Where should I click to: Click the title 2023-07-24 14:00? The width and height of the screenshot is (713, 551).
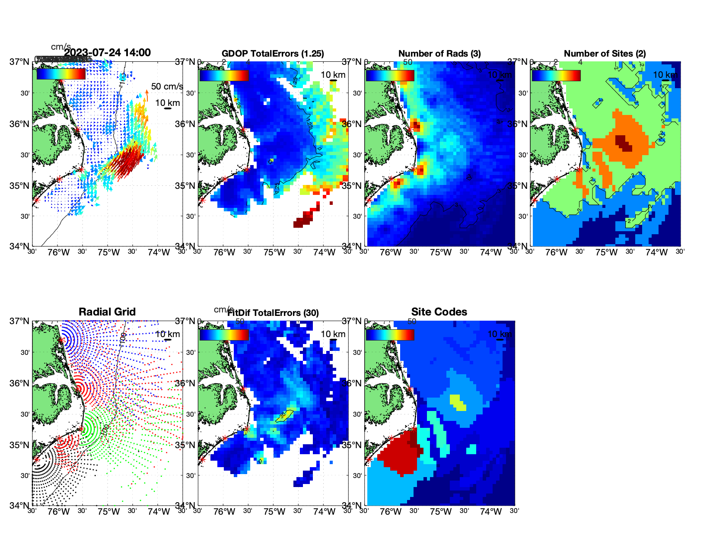click(x=108, y=53)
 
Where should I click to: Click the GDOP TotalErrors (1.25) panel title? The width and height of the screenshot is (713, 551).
click(x=273, y=54)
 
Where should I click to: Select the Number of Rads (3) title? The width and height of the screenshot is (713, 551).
click(x=439, y=54)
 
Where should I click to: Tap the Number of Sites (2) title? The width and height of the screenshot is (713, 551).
click(x=605, y=54)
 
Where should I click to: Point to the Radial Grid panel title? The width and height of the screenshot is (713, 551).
click(x=107, y=312)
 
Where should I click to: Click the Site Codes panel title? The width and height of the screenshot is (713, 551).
click(x=439, y=312)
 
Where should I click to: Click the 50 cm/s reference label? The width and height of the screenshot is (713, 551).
click(x=167, y=86)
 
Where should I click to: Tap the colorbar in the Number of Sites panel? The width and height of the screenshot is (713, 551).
click(x=556, y=75)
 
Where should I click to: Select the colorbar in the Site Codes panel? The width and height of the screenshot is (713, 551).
click(x=390, y=334)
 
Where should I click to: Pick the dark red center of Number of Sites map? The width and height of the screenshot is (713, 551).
click(x=624, y=143)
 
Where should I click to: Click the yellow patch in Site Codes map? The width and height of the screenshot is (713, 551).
click(x=458, y=402)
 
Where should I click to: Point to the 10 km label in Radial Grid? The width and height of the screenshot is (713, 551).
click(x=167, y=334)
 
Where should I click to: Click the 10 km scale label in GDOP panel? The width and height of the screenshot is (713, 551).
click(x=333, y=75)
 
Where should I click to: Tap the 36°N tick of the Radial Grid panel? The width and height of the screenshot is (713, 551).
click(x=20, y=383)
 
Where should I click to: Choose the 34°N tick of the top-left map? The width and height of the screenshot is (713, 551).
click(x=20, y=246)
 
